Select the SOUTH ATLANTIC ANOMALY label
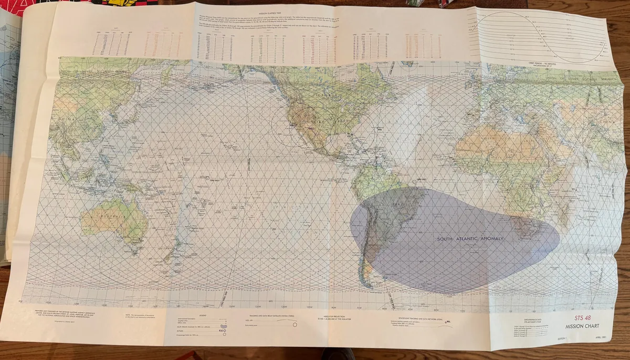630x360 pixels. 470,239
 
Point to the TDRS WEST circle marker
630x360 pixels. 207,178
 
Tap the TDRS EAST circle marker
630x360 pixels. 415,182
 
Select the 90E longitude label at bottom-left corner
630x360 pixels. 20,302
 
